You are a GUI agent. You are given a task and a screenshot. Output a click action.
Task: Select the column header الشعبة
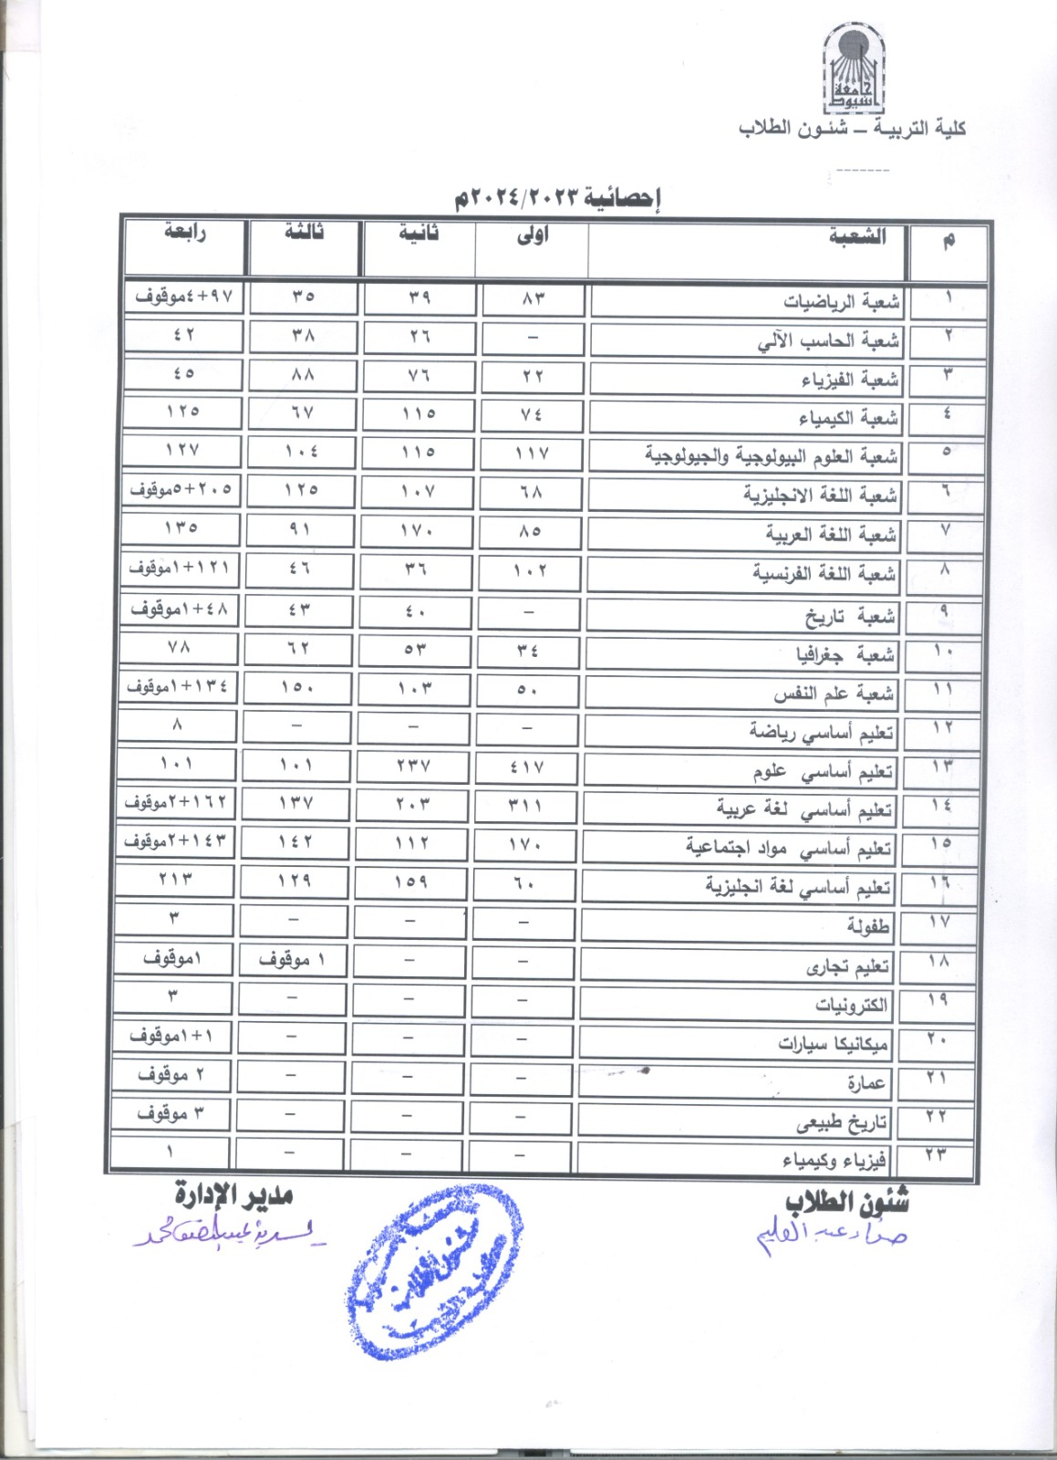pyautogui.click(x=857, y=237)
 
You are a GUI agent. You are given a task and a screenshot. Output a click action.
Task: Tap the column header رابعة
pyautogui.click(x=185, y=232)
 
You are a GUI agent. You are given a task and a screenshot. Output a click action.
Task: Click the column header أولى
pyautogui.click(x=533, y=236)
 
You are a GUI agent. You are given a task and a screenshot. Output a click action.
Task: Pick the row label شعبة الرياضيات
pyautogui.click(x=842, y=302)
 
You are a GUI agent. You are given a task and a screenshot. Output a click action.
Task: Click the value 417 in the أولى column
pyautogui.click(x=527, y=767)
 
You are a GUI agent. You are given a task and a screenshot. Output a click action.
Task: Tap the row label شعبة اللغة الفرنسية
pyautogui.click(x=824, y=574)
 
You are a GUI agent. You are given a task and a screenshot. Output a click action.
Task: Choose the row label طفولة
pyautogui.click(x=867, y=927)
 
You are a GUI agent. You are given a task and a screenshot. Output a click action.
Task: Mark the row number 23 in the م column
pyautogui.click(x=938, y=1154)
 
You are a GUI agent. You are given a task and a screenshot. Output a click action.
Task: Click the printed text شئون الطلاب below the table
pyautogui.click(x=848, y=1202)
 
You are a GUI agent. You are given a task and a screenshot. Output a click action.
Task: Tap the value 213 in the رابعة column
pyautogui.click(x=174, y=880)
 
